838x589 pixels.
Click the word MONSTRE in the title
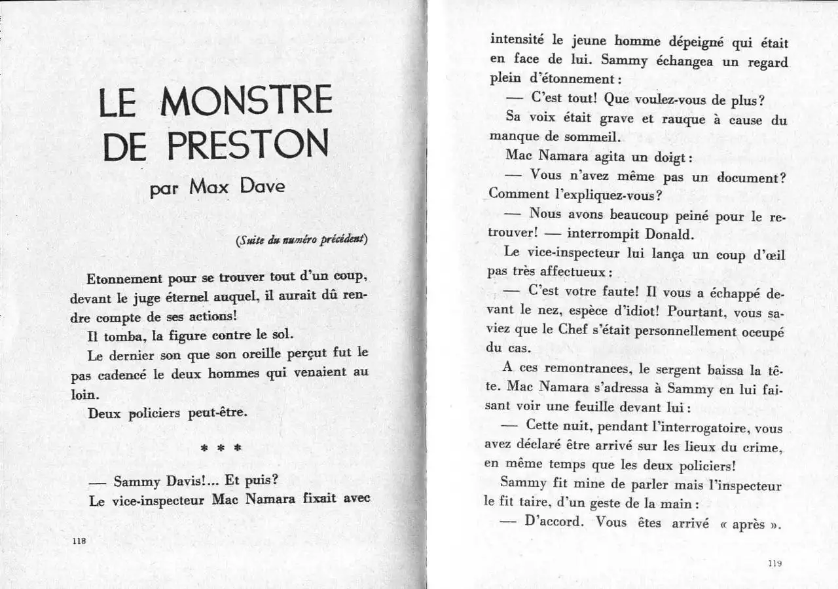(247, 102)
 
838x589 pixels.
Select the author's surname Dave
(261, 187)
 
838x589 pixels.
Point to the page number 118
(80, 541)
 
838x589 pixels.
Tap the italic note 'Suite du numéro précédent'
(302, 239)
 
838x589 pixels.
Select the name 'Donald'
(668, 234)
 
